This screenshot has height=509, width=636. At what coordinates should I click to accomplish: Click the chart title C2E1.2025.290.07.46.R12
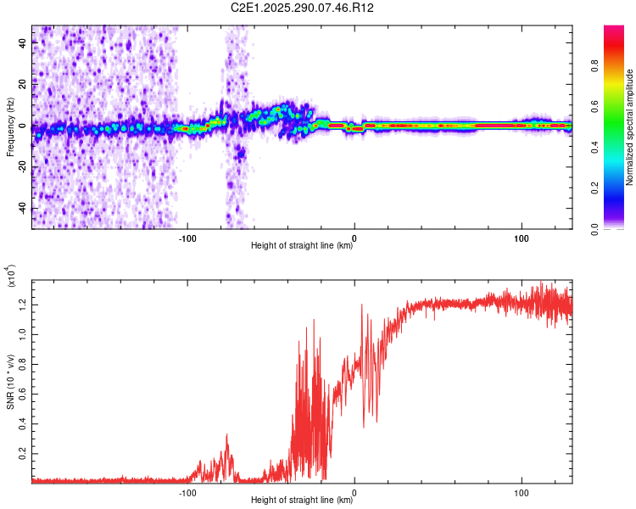coord(303,8)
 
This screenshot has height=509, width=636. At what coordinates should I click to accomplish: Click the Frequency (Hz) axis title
coord(10,127)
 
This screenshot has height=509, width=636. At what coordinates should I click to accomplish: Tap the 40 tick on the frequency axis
coord(23,44)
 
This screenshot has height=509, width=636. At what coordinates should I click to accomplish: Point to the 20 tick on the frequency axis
coord(23,85)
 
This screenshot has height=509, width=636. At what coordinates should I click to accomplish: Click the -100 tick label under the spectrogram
coord(188,237)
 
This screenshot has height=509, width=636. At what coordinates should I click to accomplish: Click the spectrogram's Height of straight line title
coord(302,246)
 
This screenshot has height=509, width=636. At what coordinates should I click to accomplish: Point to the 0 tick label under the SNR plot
coord(354,491)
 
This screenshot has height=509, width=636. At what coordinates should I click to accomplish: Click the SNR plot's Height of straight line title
coord(302,501)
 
